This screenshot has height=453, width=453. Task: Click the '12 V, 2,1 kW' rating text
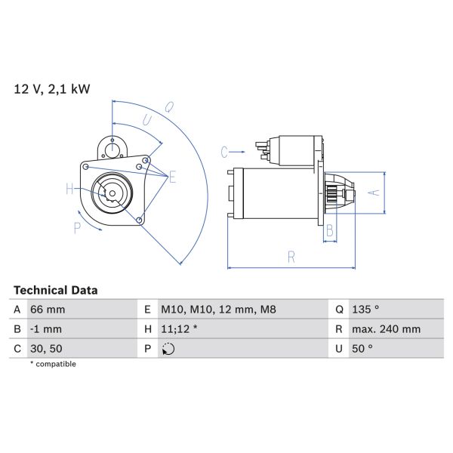pos(51,89)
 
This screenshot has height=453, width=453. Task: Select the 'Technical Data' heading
pos(56,290)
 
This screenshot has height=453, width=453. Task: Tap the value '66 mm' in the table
pos(48,310)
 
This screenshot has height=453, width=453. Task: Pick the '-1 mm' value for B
pos(46,329)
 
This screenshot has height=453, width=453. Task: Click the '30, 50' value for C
pos(47,349)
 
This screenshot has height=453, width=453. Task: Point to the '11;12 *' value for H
pos(179,329)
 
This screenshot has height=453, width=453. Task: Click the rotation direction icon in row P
pos(168,349)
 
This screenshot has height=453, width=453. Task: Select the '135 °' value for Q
pos(365,310)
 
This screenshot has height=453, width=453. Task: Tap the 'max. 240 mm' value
pos(386,329)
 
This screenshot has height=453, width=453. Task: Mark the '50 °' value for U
pos(362,349)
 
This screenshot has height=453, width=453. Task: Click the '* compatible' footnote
pos(53,364)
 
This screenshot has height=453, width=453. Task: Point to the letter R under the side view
pos(291,257)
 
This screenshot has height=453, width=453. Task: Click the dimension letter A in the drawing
pos(371,193)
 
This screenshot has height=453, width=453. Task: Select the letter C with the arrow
pos(224,153)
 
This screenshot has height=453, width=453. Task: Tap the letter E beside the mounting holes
pos(172,178)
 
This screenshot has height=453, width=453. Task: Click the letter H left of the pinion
pos(69,189)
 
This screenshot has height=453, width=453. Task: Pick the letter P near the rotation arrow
pos(77,226)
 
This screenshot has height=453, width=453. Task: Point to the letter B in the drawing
pos(330,232)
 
